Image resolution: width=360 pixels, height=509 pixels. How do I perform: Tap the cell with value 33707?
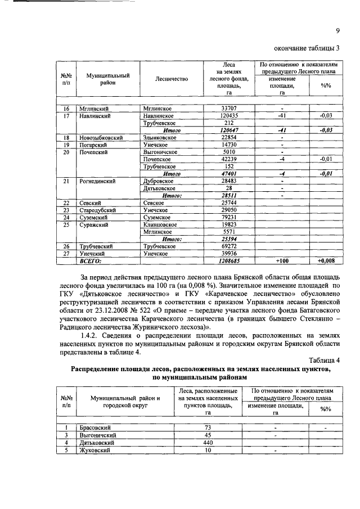click(x=228, y=108)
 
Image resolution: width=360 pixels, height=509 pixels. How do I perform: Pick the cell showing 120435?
click(x=228, y=115)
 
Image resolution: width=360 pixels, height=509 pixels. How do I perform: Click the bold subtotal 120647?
click(x=228, y=130)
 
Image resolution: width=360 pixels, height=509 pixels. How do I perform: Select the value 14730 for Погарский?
click(x=228, y=145)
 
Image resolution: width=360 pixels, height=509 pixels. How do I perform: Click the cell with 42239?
click(x=228, y=159)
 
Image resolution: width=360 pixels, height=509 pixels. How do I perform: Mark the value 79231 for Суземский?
click(x=228, y=217)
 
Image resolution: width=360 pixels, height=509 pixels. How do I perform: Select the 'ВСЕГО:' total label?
click(x=90, y=261)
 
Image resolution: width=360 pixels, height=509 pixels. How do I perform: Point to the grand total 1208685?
click(x=228, y=261)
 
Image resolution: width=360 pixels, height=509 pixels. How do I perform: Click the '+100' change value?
click(x=281, y=261)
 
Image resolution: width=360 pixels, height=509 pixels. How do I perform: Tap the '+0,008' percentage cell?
click(x=325, y=261)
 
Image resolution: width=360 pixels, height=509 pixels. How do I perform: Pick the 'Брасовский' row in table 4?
click(x=94, y=428)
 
